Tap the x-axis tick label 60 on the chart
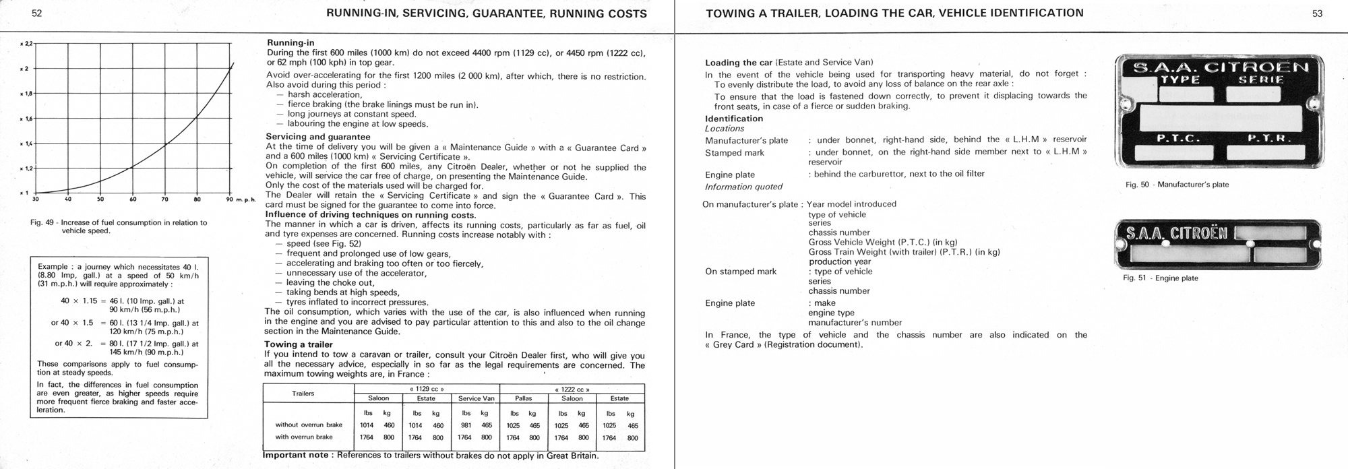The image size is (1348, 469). point(133,199)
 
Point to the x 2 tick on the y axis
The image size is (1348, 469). point(24,69)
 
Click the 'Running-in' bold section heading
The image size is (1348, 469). point(290,43)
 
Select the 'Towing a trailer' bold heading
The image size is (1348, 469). point(298,345)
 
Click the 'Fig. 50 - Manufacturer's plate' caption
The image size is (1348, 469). point(1177,185)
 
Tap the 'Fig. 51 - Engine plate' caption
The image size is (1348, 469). point(1161,278)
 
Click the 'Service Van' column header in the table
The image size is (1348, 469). point(476,398)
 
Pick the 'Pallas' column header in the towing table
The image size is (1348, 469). point(523,398)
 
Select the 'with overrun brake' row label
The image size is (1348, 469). point(304,437)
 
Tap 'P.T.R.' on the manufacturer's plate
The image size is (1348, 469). point(1269,139)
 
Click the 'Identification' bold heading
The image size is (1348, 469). point(734,119)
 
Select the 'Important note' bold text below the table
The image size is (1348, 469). point(297,456)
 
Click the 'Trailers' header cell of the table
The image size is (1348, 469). point(303,394)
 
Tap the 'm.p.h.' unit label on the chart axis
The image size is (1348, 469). point(247,199)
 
